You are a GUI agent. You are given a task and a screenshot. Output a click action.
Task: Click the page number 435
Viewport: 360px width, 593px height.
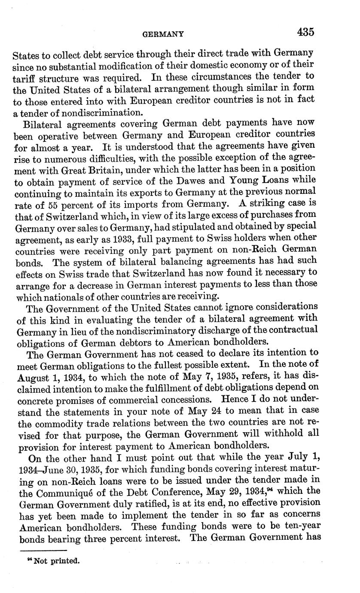305,32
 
